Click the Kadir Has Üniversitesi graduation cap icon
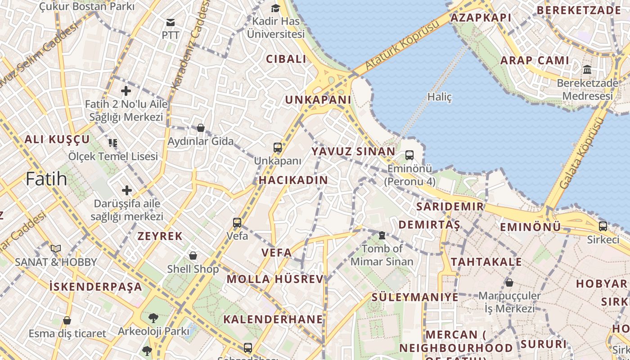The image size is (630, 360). coord(275,8)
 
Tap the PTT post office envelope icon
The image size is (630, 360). coord(171,22)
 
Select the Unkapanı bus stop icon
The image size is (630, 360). coord(278,147)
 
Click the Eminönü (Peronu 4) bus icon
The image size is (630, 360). coord(409,155)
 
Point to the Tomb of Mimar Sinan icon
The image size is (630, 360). coord(382,235)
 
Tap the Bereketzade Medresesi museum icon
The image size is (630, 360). coord(587,70)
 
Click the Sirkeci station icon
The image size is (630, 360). coord(603,226)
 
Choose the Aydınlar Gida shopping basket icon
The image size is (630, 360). coord(201,128)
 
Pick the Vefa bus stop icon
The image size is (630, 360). coord(237,222)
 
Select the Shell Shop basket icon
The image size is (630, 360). coord(193,256)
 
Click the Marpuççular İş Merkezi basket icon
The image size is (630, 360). coord(509,283)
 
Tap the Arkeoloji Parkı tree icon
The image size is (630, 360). coord(153,318)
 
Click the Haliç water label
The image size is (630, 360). coord(439,97)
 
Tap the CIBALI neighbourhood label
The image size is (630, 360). coord(286,59)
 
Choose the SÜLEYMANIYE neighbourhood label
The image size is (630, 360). coord(414,297)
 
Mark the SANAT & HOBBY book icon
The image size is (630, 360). coord(56,248)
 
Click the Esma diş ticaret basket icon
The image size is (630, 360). coord(67,320)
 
